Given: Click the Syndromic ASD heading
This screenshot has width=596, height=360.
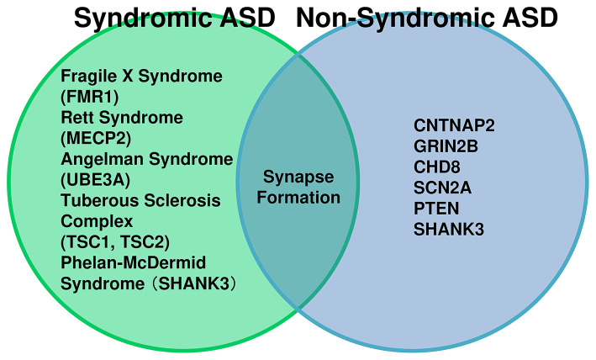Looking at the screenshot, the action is coord(175,19).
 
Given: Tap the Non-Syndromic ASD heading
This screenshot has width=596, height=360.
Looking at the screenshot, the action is coord(426,18).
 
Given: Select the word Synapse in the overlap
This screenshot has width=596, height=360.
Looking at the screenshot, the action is coord(298,177).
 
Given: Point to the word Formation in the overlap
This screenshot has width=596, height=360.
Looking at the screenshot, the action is coord(298,198).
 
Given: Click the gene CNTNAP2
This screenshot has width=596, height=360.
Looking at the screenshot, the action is coord(454,125).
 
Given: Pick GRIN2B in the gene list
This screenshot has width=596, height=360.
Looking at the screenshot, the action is coord(446,146).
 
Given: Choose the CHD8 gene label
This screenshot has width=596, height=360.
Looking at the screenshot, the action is coord(437,167).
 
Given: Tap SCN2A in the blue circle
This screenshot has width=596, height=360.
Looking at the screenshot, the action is coord(442,188).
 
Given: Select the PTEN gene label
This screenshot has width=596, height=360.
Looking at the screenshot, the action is coord(436,209).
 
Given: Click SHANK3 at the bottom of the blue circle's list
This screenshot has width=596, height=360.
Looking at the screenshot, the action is coord(449,230).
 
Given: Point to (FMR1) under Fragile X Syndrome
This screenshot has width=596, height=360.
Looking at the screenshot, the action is coord(90,97).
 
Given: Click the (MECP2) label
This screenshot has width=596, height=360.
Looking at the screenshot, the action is coord(96,139).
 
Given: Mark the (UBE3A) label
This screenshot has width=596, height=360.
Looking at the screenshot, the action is coord(95,180).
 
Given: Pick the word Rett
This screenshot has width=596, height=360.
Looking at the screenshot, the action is coord(77,118).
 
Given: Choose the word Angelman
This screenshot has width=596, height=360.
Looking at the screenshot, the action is coord(102,160).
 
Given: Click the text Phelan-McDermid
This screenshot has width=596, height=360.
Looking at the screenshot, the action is coord(134,262).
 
